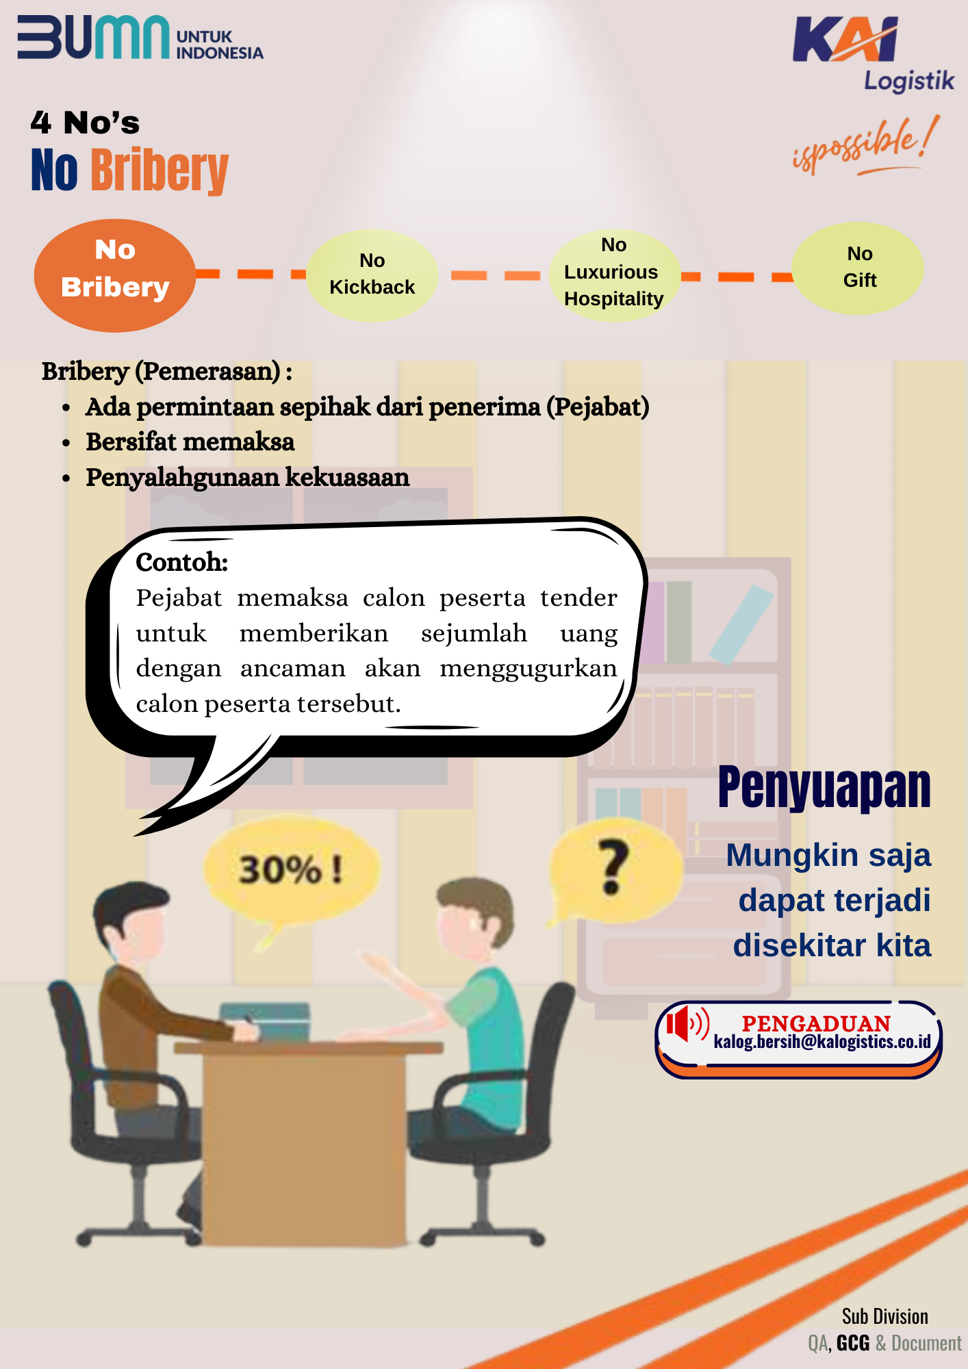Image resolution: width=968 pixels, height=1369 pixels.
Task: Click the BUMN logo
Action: pos(140,38)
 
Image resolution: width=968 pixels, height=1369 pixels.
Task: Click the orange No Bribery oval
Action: pos(115,275)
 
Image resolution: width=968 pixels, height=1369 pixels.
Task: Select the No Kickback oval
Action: pos(372,275)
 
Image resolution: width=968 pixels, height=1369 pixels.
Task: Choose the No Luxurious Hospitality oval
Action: pos(614,275)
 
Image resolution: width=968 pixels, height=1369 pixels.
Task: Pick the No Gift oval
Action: pos(858,268)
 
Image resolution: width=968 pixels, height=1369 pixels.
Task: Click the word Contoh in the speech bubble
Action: pos(181,562)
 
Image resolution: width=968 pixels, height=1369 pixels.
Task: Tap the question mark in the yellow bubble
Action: pos(613,867)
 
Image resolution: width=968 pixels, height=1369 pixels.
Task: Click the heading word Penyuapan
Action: pos(824,788)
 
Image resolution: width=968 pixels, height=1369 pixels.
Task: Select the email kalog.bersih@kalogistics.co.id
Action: pos(822,1042)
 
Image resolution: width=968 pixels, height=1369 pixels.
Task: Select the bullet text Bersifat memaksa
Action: pos(190,442)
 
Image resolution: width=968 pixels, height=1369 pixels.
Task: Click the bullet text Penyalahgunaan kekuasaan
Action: pos(248,478)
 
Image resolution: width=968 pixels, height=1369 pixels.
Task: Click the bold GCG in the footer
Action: pos(853,1343)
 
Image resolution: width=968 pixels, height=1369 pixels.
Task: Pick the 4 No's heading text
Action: pos(85,123)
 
